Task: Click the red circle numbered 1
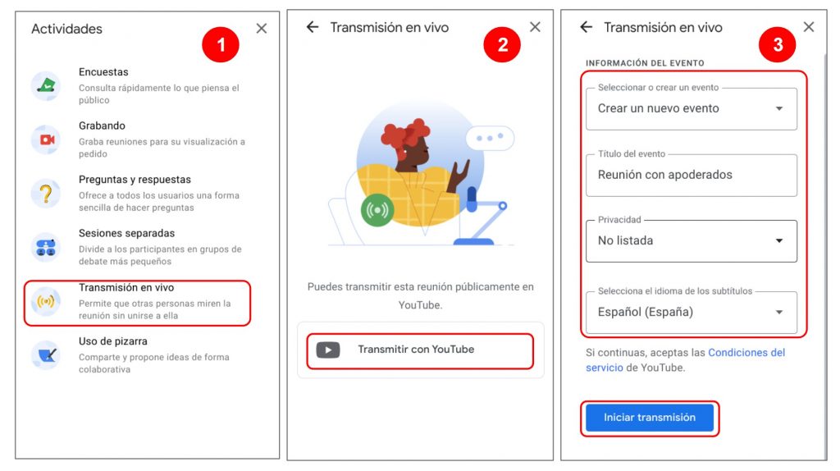point(220,44)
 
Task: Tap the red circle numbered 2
point(502,44)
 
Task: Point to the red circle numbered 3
point(778,44)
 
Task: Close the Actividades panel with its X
point(262,29)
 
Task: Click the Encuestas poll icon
point(46,85)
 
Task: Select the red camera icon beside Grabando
point(46,139)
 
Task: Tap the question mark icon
point(46,193)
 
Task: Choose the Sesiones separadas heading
point(126,233)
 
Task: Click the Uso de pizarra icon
point(46,354)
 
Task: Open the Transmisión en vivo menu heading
point(126,287)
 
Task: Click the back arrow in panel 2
point(313,27)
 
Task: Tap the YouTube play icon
point(328,350)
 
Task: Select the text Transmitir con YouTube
point(416,350)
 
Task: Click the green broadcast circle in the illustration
point(377,210)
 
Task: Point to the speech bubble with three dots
point(490,138)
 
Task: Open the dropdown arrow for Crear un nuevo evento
point(779,109)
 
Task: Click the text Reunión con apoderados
point(664,175)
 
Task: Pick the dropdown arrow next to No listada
point(779,241)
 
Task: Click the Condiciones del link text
point(746,353)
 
